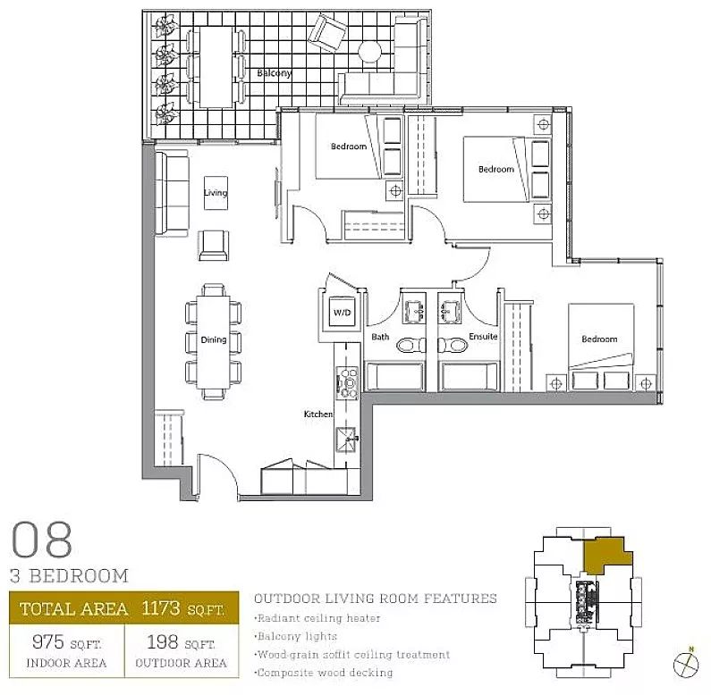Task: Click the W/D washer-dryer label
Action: pos(342,312)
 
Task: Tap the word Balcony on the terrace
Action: pos(275,73)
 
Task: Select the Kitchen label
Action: pos(317,414)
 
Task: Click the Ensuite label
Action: pos(483,336)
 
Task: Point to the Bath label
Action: pos(380,337)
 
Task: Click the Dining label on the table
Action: pos(214,339)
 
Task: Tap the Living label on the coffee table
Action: pos(216,193)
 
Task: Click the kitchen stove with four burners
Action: pos(347,383)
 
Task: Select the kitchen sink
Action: pos(346,439)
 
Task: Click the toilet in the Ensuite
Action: pos(453,345)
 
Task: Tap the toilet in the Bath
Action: pos(411,345)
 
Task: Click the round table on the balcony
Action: pos(369,52)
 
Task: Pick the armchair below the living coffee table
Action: pos(213,245)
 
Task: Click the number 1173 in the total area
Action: pos(160,608)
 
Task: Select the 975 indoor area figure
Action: pos(48,641)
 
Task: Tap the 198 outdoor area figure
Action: pos(162,641)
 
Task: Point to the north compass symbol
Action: pos(686,666)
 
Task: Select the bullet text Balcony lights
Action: pos(297,636)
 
